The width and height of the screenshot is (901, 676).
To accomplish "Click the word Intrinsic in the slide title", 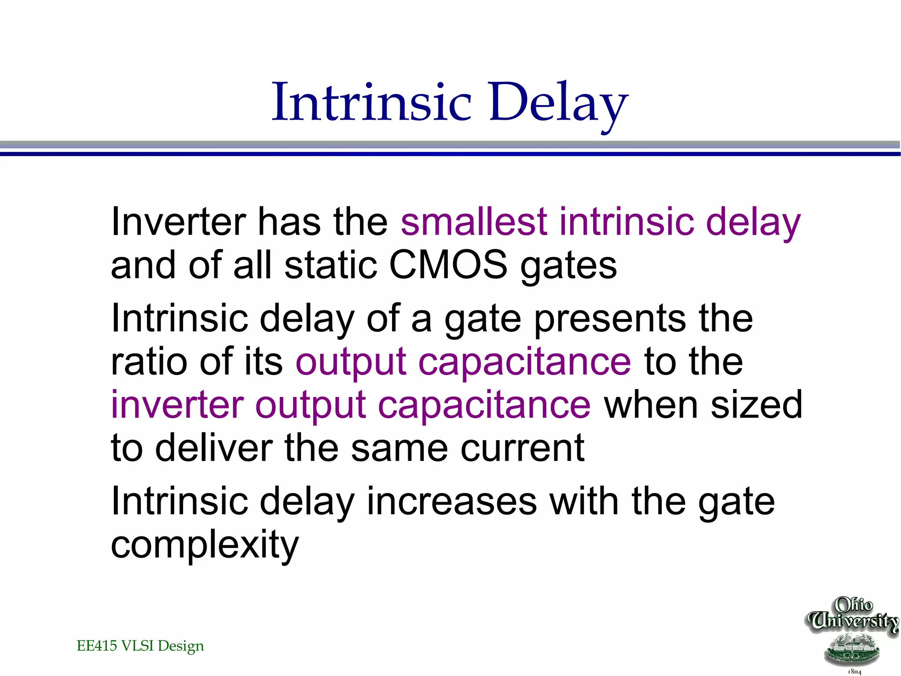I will pos(372,103).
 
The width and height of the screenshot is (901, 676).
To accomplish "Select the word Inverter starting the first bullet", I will pos(178,222).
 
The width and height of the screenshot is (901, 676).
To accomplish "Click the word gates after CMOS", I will pos(568,268).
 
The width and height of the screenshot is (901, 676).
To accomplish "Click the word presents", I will pos(609,319).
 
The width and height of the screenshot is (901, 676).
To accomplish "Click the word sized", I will pos(757,405).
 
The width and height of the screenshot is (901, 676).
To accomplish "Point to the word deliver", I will pos(214,448).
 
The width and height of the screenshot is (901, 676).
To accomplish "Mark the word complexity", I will pos(205,546).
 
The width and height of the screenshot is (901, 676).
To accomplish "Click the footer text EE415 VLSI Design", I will pos(140,646).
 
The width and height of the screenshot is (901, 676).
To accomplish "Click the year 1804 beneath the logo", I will pos(854,672).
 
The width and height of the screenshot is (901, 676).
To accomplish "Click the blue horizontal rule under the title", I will pos(450,154).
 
